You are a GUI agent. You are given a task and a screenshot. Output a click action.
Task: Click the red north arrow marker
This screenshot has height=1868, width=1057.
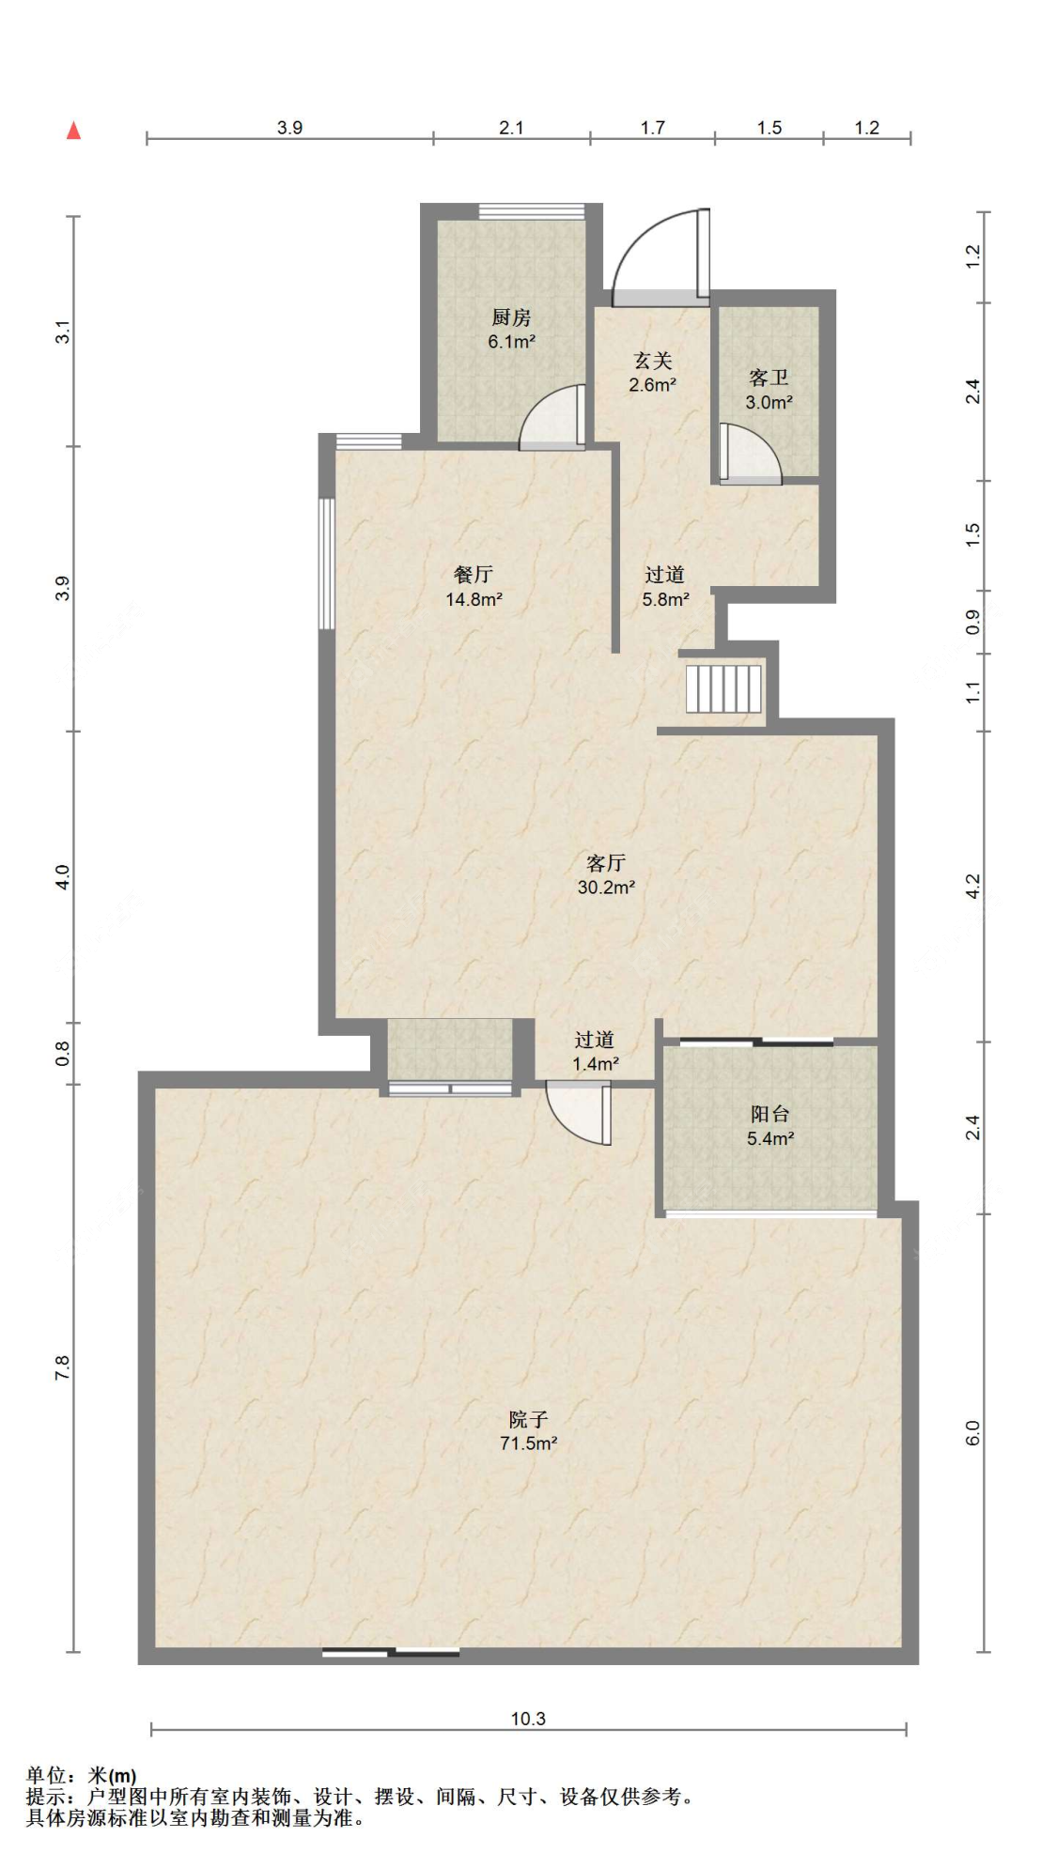coord(73,131)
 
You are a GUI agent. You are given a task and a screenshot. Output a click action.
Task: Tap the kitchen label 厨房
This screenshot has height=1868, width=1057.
coord(511,318)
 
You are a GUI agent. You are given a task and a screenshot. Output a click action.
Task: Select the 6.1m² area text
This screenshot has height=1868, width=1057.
coord(511,342)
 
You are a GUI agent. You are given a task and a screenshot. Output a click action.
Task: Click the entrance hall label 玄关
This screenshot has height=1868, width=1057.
coord(653,361)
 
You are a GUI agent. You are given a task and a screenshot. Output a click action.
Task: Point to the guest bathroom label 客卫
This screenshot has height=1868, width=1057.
coord(769,378)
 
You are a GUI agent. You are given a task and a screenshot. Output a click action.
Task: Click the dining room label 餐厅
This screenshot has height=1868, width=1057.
coord(474,575)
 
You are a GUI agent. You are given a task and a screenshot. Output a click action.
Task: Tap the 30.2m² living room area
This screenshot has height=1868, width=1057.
coord(606,887)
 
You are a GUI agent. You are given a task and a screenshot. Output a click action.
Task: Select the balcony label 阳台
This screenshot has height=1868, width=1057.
coord(769,1115)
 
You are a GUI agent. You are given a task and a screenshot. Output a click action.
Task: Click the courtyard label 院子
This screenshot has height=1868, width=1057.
coord(528,1419)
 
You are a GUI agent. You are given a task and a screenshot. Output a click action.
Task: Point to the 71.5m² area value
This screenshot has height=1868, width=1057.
coord(529,1443)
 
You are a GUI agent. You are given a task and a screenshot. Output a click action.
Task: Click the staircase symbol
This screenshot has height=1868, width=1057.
coord(723,688)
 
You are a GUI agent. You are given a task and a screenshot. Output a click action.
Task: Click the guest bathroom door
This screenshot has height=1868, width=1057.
coord(750,455)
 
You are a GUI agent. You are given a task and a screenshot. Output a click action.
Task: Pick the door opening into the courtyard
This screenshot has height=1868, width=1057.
coord(579,1114)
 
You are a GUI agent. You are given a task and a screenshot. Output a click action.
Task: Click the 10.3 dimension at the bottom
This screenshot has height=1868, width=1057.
coord(528,1719)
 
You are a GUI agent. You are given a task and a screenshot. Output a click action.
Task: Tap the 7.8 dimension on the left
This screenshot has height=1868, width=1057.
coord(62,1368)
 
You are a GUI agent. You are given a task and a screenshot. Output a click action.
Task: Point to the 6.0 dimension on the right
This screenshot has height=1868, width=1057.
coord(972,1433)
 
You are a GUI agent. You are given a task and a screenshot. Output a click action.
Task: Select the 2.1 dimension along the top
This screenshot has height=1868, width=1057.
coord(511,128)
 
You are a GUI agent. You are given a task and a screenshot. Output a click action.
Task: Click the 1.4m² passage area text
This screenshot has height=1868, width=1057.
coord(596,1064)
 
